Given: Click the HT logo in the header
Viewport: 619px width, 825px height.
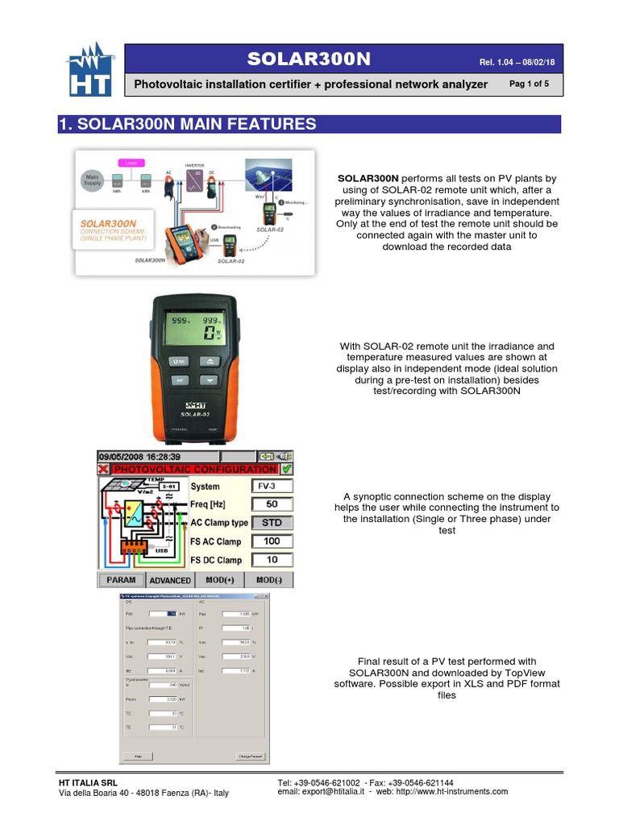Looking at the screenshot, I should [89, 75].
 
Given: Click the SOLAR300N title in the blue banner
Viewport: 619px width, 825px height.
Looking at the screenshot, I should [309, 60].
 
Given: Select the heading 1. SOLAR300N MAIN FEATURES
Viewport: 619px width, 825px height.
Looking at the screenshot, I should [187, 124].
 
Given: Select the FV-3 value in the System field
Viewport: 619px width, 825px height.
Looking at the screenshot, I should [272, 486].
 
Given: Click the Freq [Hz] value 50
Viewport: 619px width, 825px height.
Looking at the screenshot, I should [272, 504].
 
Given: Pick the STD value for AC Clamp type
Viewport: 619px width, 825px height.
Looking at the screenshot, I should [272, 523].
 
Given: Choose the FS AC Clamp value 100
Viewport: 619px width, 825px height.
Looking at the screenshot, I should [272, 541].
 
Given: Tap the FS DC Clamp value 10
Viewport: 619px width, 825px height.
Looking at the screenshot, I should [272, 560].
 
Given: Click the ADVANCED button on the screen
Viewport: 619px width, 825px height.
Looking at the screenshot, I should [170, 580].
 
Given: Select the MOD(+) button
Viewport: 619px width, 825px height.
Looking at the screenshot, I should [219, 580].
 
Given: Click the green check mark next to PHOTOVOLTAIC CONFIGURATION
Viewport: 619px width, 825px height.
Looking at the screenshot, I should [287, 469].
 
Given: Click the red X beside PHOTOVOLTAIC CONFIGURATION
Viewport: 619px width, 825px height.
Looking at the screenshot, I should [103, 469].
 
